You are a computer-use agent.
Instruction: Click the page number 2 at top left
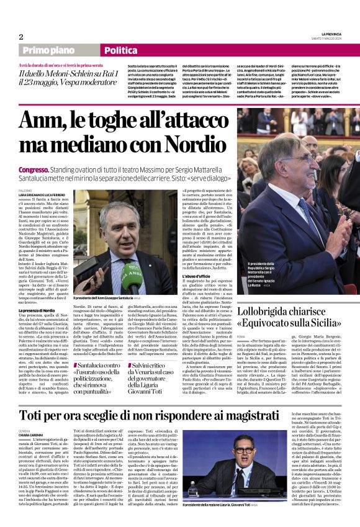coord(21,37)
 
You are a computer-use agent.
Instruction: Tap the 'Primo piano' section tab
coord(46,51)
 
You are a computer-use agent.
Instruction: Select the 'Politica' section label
coord(120,51)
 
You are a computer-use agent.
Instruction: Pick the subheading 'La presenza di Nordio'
coord(38,309)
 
